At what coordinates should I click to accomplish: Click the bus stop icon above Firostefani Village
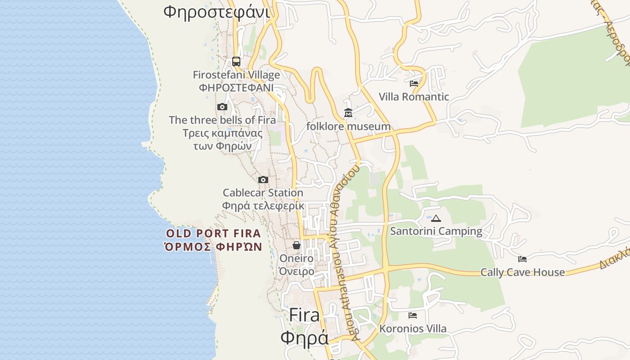coord(236,62)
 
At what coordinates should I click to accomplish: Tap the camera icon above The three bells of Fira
coord(222,107)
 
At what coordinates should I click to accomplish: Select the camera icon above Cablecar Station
coord(263,180)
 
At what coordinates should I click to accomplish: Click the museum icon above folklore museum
coord(348,113)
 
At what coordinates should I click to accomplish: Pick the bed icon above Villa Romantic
coord(414,83)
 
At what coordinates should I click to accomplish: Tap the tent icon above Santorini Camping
coord(436,219)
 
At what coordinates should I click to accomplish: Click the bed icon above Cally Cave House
coord(522,259)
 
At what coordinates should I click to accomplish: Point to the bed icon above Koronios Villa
coord(413,315)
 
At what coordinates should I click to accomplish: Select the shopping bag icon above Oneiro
coord(297,245)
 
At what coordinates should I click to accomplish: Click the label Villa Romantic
coord(414,97)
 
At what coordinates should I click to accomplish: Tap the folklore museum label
coord(348,126)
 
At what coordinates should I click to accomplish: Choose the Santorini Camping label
coord(436,231)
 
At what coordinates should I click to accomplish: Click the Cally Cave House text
coord(522,272)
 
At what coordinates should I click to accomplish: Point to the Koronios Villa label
coord(413,328)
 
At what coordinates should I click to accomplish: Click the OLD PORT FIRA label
coord(213,234)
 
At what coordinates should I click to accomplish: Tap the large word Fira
coord(304,315)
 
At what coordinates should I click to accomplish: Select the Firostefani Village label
coord(236,75)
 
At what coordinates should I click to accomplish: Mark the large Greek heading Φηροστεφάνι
coord(216,11)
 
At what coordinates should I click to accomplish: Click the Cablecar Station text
coord(263,193)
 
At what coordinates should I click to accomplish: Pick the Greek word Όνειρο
coord(297,271)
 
